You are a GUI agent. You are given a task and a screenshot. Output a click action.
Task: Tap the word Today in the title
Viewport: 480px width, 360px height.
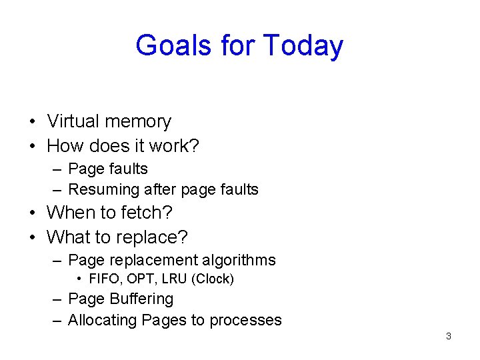(x=303, y=46)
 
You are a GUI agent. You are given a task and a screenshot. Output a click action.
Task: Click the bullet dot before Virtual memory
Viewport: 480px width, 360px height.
(x=32, y=122)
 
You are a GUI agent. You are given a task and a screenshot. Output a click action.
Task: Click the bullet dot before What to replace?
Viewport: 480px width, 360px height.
(x=32, y=237)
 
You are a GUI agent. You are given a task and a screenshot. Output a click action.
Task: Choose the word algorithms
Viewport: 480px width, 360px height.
(x=238, y=259)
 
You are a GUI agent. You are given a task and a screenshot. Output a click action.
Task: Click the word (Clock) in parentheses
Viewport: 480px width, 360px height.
(x=213, y=279)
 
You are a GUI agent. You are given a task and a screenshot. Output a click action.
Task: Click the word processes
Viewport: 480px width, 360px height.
(x=245, y=321)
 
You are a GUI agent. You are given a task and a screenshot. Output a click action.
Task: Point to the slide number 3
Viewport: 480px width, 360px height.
(x=448, y=336)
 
